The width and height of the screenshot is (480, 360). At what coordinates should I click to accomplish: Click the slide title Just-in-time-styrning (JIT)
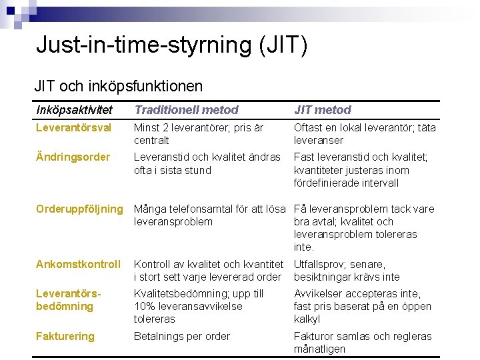pos(172,45)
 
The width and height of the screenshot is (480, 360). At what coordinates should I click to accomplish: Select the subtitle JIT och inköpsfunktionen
pos(119,86)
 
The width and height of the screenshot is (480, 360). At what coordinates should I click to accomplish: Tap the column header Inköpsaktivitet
pos(74,110)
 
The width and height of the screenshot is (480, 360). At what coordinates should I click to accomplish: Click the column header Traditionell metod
pos(186,110)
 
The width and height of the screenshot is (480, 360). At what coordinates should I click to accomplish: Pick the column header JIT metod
pos(322,110)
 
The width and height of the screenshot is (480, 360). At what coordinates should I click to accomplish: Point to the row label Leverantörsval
pos(74,127)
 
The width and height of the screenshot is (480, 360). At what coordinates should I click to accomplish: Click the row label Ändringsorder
pos(73,157)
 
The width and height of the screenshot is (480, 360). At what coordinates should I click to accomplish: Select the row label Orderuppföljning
pos(79,209)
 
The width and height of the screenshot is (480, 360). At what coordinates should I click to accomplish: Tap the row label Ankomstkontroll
pos(78,264)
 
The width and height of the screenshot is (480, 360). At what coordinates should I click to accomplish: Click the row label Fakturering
pos(65,336)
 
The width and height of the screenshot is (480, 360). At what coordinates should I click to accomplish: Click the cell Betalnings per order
pos(182,336)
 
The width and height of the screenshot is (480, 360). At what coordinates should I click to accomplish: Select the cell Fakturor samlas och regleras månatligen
pos(363,342)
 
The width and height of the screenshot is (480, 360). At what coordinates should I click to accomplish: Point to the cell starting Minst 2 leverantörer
pos(199,133)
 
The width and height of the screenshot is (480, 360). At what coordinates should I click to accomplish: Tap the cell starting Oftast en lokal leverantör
pos(364,133)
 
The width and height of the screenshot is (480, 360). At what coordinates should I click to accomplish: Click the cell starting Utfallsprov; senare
pos(347,270)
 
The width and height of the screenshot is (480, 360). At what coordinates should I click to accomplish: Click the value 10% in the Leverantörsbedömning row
pos(145,306)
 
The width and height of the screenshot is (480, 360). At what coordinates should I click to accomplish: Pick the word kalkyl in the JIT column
pos(307,319)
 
